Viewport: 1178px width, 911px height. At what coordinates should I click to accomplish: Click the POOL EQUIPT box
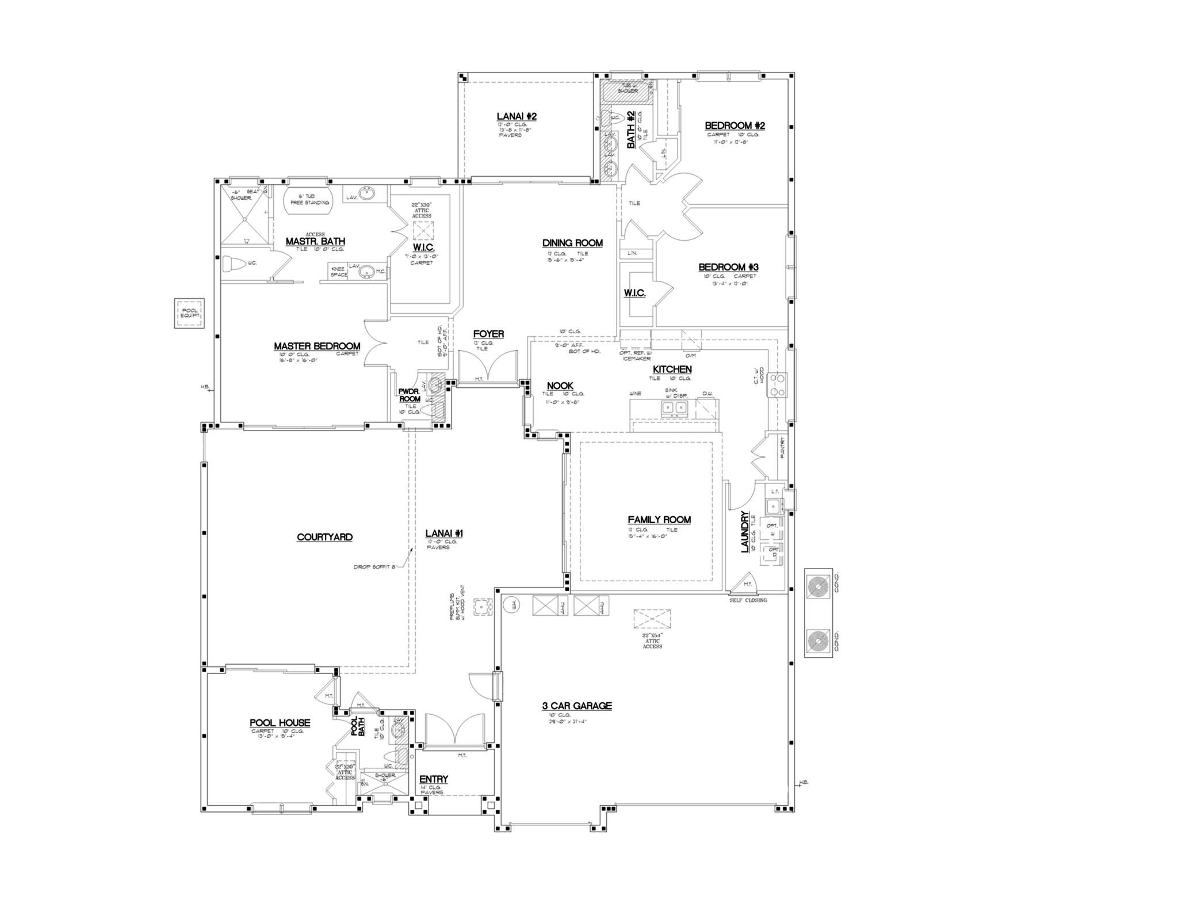(x=189, y=314)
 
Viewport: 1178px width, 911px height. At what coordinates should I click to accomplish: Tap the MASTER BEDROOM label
(x=317, y=346)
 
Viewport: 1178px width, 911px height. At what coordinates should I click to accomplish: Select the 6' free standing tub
(x=307, y=199)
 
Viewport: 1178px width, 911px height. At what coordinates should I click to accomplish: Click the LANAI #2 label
(x=517, y=116)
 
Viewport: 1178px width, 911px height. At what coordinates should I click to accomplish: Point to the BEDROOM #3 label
(x=728, y=267)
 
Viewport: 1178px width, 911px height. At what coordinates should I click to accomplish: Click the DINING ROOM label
(x=572, y=243)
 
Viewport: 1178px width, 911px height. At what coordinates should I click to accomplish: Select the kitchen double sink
(x=674, y=407)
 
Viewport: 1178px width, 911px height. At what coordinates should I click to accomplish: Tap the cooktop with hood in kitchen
(x=778, y=385)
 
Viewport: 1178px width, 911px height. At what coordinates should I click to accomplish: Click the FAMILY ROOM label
(x=659, y=520)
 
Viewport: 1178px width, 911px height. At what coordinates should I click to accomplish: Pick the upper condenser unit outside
(x=817, y=587)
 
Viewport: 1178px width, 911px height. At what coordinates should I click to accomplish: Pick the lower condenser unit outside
(x=817, y=641)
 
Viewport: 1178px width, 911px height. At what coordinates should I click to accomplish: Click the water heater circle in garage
(x=511, y=605)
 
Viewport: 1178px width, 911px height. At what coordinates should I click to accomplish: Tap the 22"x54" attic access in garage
(x=652, y=620)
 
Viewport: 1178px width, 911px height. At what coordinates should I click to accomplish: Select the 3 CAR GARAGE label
(x=576, y=706)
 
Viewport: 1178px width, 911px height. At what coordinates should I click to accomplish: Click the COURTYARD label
(x=324, y=537)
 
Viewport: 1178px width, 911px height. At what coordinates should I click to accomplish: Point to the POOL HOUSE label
(x=280, y=723)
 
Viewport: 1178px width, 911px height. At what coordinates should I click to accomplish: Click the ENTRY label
(x=434, y=779)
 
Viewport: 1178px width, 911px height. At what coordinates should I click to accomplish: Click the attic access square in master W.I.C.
(x=423, y=230)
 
